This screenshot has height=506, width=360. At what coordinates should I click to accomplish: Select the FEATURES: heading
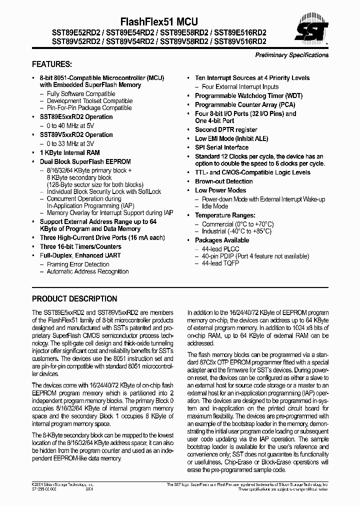tap(52, 64)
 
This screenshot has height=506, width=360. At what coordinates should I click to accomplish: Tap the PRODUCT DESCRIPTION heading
tap(74, 299)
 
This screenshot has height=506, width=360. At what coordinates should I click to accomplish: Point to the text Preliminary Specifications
tap(291, 55)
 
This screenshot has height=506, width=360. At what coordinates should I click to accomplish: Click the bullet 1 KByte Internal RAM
tap(69, 152)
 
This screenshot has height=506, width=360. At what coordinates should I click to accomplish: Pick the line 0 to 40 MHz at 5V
tap(70, 125)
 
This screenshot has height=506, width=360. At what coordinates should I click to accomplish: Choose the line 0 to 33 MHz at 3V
tap(70, 143)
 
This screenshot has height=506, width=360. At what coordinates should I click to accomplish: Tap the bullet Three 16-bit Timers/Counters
tap(80, 246)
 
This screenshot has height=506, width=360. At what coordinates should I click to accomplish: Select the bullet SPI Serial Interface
tap(221, 147)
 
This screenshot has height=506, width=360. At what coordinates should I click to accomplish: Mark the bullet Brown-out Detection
tap(223, 181)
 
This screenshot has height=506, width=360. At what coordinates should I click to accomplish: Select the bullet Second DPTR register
tap(226, 129)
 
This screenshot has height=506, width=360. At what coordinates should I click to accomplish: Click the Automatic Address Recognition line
tap(87, 271)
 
